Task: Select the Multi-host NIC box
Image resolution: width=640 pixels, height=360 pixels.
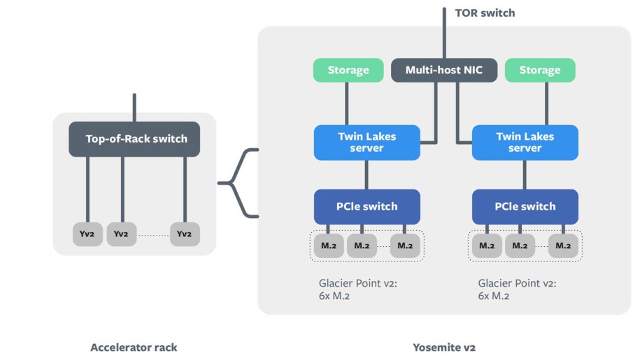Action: coord(443,70)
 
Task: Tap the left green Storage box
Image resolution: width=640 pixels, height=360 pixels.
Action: coord(348,70)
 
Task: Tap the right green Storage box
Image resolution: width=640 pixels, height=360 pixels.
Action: coord(539,70)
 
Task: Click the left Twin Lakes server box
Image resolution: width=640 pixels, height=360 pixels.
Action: coord(367,142)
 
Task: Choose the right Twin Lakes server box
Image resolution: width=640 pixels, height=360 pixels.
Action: coord(525,142)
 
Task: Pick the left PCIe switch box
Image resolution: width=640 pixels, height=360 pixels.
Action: coord(367,206)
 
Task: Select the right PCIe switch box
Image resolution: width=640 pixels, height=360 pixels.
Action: coord(525,206)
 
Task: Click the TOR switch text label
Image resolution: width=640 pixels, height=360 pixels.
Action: coord(485,13)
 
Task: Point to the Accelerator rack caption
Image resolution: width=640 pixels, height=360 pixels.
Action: coord(134,347)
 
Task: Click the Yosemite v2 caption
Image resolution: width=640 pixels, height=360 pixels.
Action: coord(444,347)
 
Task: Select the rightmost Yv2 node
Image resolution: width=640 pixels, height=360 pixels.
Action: coord(185,233)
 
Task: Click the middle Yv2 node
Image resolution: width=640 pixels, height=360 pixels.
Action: coord(122,233)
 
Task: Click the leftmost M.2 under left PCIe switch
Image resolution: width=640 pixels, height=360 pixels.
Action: coord(327,245)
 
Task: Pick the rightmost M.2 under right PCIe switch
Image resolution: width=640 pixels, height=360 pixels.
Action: coord(563,245)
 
